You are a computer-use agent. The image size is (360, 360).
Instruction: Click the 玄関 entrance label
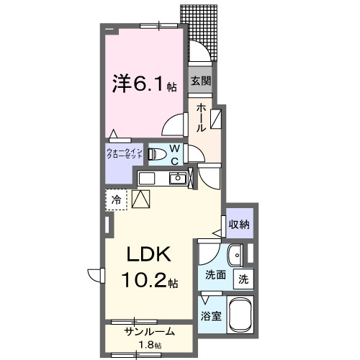coord(201,81)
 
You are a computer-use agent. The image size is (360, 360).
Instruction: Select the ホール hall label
coord(201,116)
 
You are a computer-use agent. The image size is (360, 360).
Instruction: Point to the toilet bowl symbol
coord(155,153)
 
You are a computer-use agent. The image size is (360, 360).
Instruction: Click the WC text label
coord(174,155)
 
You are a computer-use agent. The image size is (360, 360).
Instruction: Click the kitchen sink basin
coord(176,179)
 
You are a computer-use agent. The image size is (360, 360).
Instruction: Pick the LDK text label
coord(148,256)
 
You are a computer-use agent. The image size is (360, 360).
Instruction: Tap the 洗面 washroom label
coord(215,275)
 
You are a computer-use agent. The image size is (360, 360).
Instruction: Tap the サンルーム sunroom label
coord(149,332)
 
